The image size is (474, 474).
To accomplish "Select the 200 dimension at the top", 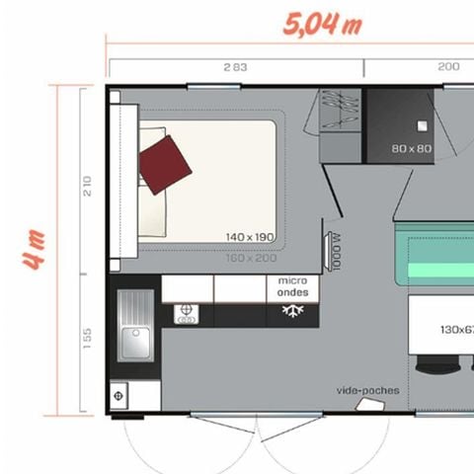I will point(447,67).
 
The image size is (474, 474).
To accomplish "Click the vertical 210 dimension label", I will point(87,185).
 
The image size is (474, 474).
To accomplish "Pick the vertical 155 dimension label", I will point(87,338).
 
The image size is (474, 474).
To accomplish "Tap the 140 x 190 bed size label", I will point(248,237).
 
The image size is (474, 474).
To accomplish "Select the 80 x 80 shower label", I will point(411,149).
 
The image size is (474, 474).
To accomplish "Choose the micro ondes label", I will point(291,287).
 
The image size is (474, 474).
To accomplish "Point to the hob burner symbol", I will point(184,314).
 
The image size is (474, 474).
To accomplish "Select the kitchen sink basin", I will point(133,342).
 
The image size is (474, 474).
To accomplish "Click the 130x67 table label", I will point(451,330).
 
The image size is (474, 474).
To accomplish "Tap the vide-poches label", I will point(368,390).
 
